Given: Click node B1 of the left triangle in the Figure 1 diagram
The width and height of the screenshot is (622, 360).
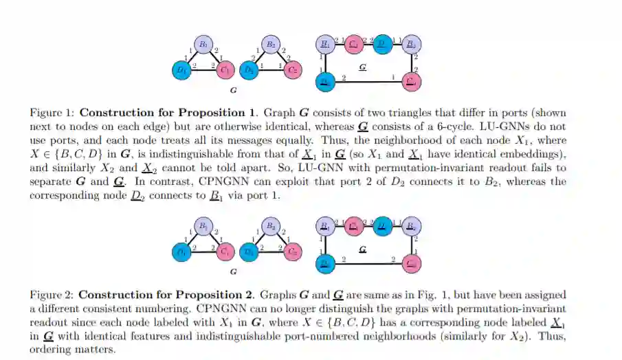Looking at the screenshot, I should click(203, 45).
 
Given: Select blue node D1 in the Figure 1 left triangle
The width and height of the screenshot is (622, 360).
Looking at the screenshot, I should click(181, 69).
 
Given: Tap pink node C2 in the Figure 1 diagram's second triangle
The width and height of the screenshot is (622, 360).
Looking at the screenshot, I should click(293, 69).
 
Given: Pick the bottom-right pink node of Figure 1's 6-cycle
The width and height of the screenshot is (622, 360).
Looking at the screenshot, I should click(412, 82).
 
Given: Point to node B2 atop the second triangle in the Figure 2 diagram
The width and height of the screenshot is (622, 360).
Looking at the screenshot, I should click(271, 226).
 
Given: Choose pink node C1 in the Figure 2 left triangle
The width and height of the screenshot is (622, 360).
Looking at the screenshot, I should click(225, 251).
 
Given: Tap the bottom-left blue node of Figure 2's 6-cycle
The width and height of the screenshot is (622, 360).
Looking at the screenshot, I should click(324, 263).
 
